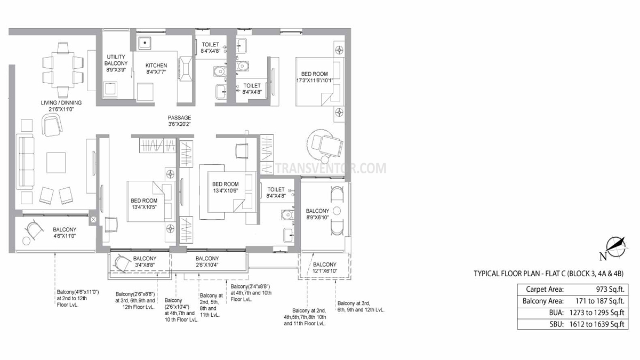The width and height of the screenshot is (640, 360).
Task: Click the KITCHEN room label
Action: click(x=156, y=66)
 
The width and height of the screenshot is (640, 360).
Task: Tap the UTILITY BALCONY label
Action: click(x=116, y=60)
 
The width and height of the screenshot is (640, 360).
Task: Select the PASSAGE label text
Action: click(x=179, y=118)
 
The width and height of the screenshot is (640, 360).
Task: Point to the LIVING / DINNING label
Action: click(x=61, y=102)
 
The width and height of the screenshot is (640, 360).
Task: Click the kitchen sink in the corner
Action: click(x=145, y=43)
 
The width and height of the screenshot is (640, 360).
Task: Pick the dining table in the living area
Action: click(x=63, y=70)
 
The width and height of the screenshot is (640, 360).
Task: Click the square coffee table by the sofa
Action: click(x=56, y=163)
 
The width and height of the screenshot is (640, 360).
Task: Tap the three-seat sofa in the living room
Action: click(x=25, y=162)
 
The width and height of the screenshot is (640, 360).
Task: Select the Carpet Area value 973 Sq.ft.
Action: click(x=610, y=290)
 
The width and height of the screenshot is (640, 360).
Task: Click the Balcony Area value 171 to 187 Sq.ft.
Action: click(x=599, y=301)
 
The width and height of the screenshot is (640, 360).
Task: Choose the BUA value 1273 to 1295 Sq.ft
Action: click(x=597, y=313)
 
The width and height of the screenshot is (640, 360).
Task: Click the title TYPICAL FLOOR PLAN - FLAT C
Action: click(x=519, y=274)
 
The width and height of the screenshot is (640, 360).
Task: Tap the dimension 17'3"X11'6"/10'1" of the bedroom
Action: click(x=315, y=81)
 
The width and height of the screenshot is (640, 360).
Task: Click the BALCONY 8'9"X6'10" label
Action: click(x=317, y=214)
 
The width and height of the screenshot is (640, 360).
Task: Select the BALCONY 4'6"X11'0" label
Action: click(x=65, y=233)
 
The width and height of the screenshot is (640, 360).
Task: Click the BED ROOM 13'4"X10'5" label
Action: click(x=144, y=204)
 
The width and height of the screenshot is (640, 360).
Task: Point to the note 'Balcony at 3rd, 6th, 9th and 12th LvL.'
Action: click(x=361, y=306)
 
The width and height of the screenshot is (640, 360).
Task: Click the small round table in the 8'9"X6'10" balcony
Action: click(x=337, y=211)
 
